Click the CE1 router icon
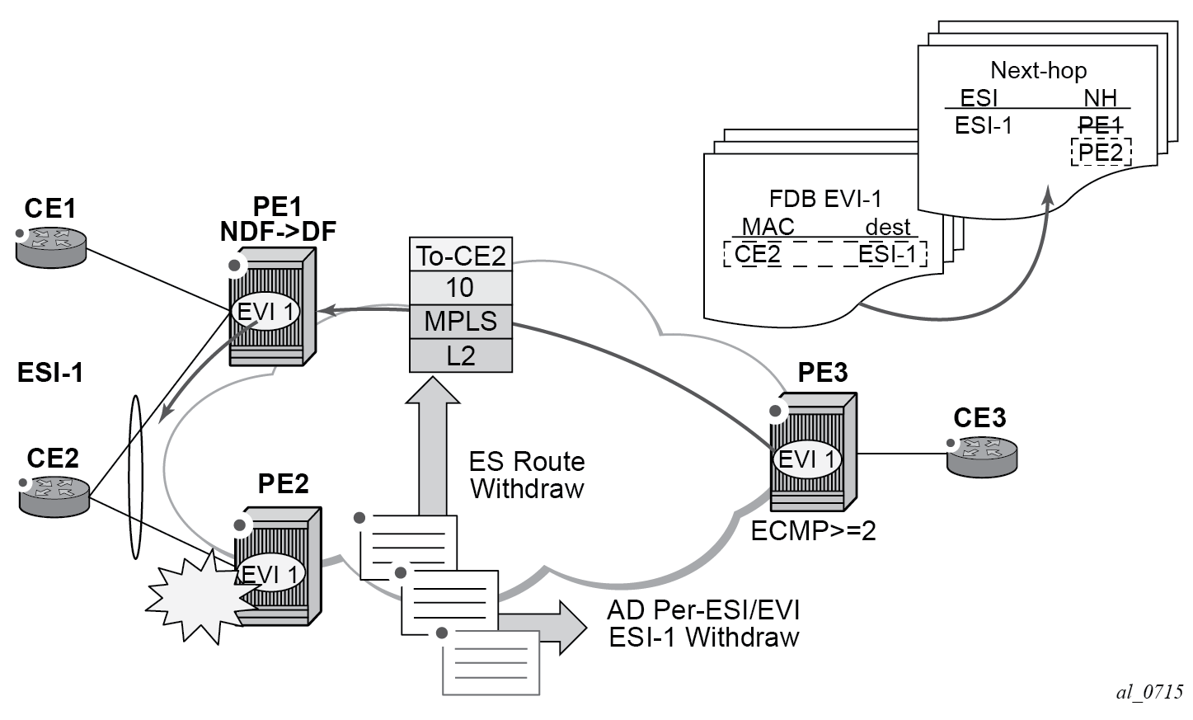click(x=50, y=246)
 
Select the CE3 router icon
click(x=981, y=454)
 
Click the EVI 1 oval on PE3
click(x=808, y=459)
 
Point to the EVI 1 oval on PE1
click(x=266, y=312)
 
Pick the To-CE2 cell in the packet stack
click(x=461, y=256)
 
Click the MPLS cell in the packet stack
click(x=461, y=321)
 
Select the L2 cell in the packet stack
click(x=461, y=355)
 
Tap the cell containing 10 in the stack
click(x=461, y=288)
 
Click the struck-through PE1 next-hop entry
click(x=1100, y=125)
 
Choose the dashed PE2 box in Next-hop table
click(x=1101, y=153)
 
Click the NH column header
click(x=1100, y=98)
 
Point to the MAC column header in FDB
click(x=768, y=227)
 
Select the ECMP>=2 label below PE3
click(x=813, y=531)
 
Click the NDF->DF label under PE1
click(x=278, y=232)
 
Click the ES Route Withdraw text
click(x=527, y=475)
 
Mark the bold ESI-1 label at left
click(x=50, y=373)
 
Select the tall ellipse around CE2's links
click(x=135, y=478)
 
